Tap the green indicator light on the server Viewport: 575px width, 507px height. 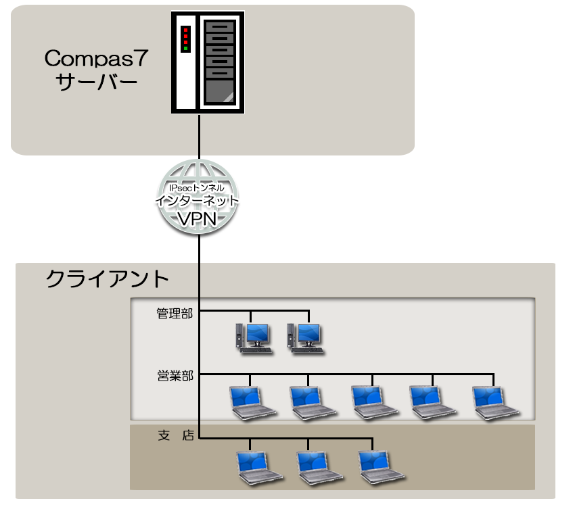tap(185, 49)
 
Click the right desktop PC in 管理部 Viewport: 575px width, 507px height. tap(305, 337)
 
